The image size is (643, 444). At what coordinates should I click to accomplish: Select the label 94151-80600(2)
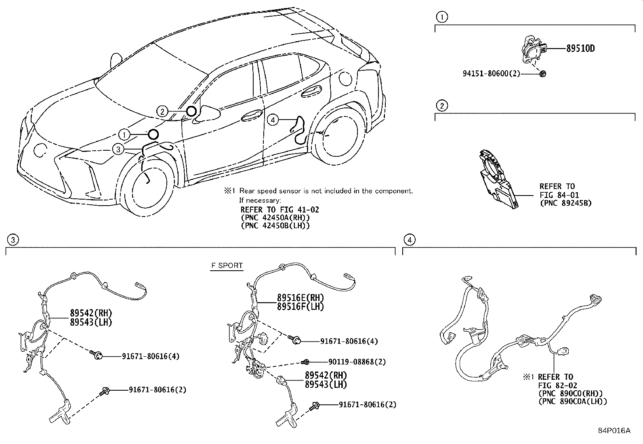[491, 74]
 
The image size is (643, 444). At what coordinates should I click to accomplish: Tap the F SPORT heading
[227, 265]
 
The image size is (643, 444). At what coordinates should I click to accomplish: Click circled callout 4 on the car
[273, 120]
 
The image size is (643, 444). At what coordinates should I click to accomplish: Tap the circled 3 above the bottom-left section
[13, 240]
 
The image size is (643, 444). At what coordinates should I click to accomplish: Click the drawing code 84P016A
[614, 431]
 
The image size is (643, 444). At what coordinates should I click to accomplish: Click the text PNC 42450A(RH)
[275, 217]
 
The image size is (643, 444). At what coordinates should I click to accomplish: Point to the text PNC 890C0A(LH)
[572, 401]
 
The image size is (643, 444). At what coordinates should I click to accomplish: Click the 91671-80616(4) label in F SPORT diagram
[349, 341]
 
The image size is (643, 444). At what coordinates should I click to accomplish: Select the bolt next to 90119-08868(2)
[306, 361]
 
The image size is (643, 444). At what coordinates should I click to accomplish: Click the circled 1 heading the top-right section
[442, 17]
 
